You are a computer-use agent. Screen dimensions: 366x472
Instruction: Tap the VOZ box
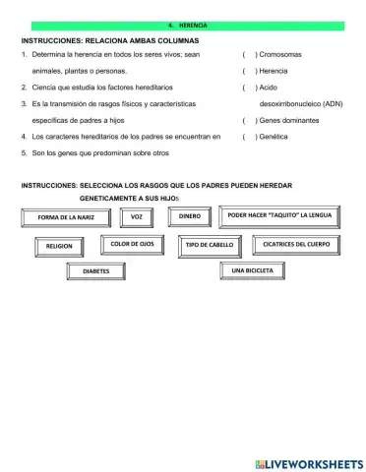(137, 215)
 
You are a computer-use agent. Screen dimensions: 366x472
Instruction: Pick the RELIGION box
(59, 246)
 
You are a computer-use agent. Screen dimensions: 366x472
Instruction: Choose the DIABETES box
(95, 269)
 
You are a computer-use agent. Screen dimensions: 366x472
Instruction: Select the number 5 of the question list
(23, 153)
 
